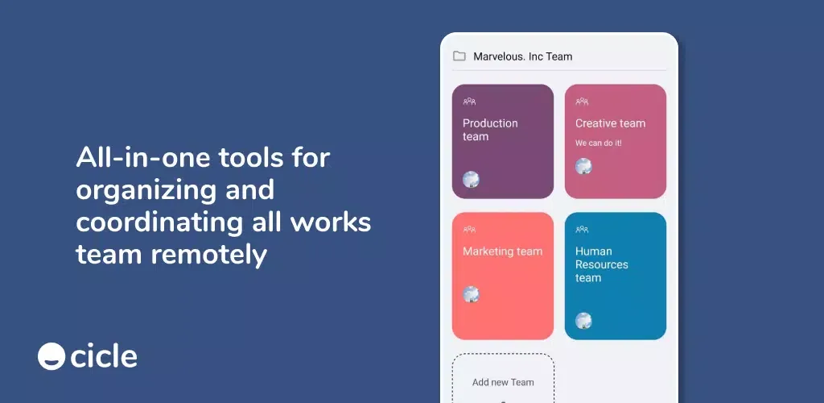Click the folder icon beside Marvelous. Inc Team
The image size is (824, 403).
459,56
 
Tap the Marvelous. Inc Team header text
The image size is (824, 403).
523,56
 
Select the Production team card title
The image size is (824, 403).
490,130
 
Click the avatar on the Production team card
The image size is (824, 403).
471,180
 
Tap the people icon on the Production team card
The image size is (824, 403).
469,101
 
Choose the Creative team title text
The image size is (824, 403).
610,123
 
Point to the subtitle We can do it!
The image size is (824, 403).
599,143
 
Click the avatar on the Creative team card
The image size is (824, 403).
583,166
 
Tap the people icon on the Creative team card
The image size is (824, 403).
582,101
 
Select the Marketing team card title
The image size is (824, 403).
502,251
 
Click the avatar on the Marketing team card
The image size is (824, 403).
471,294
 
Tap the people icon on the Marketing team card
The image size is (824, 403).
469,230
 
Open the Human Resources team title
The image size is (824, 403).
602,264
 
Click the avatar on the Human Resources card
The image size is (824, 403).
583,321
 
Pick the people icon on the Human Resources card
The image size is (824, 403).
582,230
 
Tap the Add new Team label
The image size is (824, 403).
503,383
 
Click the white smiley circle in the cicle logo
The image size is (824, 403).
51,356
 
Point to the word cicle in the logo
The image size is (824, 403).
104,356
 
